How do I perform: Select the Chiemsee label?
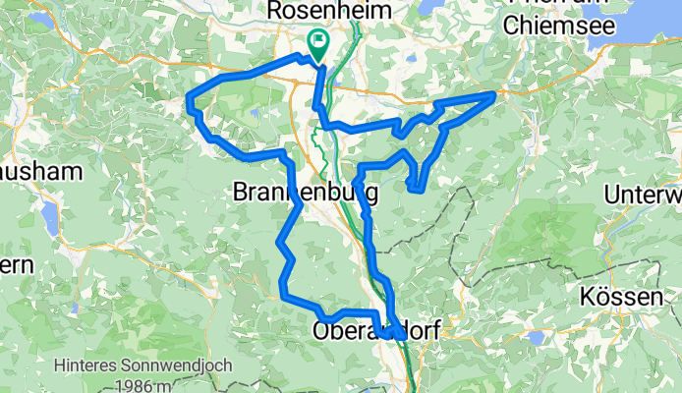coord(552,26)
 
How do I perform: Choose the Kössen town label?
coord(642,296)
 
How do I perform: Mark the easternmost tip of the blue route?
coord(493,94)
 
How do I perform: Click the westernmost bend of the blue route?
coord(189,97)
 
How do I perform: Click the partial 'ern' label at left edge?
coord(17,265)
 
